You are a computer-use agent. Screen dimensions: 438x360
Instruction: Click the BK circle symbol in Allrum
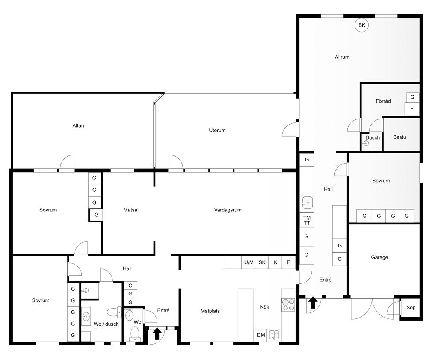(x=362, y=25)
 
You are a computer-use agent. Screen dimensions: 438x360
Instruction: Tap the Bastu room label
(x=400, y=137)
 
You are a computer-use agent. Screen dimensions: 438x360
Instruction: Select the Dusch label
(x=373, y=137)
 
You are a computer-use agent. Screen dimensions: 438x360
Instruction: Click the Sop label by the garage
(x=411, y=307)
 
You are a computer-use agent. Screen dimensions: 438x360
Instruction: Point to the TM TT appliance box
(x=307, y=220)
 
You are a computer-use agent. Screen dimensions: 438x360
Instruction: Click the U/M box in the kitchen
(x=249, y=262)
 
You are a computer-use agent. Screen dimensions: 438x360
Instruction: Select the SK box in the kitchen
(x=262, y=262)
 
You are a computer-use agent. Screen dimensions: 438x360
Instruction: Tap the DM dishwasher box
(x=261, y=335)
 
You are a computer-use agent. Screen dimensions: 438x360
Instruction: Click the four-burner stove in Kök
(x=288, y=305)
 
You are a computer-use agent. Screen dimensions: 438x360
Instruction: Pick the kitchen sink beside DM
(x=274, y=335)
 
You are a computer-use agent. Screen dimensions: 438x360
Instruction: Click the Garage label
(x=379, y=257)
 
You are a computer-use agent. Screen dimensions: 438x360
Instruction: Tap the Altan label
(x=78, y=125)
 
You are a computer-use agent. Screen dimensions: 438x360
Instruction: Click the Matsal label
(x=131, y=210)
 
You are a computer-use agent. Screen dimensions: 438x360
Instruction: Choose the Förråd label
(x=383, y=101)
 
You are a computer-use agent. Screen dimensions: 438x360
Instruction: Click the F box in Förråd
(x=412, y=108)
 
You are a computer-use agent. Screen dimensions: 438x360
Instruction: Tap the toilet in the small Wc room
(x=135, y=334)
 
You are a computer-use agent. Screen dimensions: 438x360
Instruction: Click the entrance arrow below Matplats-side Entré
(x=157, y=334)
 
